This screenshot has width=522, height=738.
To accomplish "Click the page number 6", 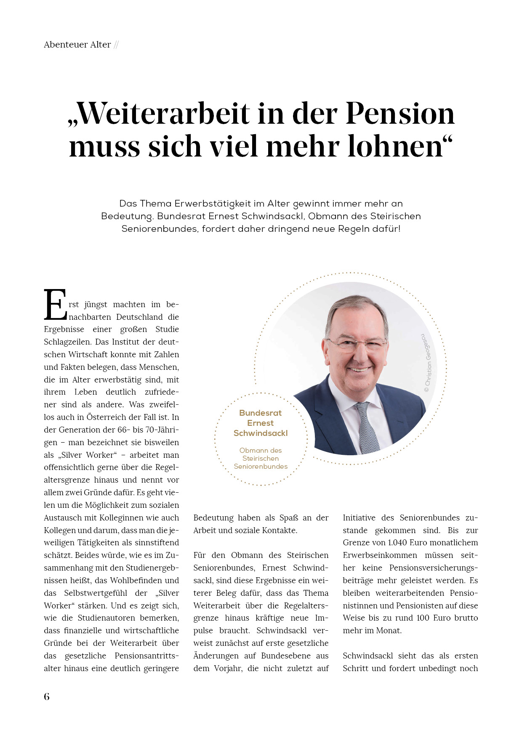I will pos(47,697).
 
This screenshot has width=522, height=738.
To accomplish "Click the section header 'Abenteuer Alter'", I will pos(77,45).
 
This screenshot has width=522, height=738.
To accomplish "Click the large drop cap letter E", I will pos(55,304).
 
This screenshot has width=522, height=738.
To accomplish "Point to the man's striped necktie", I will pos(367,427).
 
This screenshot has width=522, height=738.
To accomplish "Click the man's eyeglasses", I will pos(356,345).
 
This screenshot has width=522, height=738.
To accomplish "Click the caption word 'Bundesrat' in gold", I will pos(260,413).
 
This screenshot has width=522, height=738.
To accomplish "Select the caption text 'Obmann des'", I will pos(260,450).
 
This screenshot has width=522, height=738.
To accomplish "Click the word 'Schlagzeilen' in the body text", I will pos(68,342).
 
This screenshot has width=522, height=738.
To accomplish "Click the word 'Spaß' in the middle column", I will pos(288,518).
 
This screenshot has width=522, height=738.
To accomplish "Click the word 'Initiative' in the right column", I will pos(359,518).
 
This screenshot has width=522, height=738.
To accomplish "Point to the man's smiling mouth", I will pos(359,370).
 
